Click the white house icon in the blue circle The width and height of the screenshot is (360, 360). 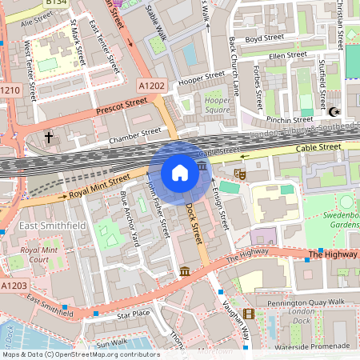180,173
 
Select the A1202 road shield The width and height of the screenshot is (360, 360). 150,85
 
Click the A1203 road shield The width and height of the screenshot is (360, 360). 14,286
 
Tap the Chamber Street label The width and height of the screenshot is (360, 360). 134,135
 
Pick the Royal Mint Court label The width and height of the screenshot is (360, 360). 38,254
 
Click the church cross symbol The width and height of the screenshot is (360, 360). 48,138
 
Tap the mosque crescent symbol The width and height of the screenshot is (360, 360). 334,113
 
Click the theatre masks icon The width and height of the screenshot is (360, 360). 238,172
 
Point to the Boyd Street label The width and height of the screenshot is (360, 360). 264,38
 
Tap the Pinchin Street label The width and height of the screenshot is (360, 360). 290,119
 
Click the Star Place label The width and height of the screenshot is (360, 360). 133,314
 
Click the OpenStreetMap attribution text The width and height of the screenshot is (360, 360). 81,354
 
